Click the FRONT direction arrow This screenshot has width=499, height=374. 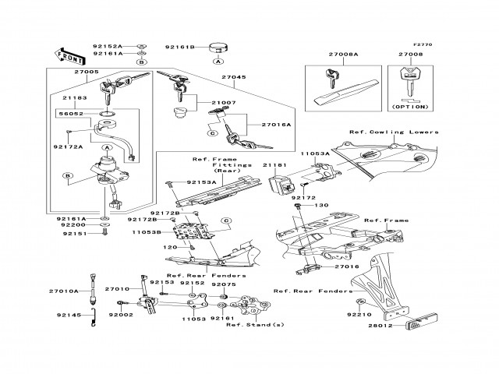(x=69, y=56)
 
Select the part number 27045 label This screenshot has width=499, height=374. (x=234, y=77)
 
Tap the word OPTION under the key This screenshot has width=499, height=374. (x=410, y=107)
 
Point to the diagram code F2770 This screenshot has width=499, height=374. (x=423, y=45)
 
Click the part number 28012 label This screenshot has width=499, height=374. (x=380, y=326)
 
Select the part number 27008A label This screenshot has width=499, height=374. (x=343, y=54)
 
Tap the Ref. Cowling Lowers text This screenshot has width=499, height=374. (x=394, y=132)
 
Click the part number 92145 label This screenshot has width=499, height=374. (x=69, y=315)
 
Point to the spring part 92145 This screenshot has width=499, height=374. (x=93, y=317)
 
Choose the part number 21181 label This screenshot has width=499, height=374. (x=274, y=165)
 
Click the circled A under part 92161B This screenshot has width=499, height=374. (x=218, y=61)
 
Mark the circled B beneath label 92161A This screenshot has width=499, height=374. (x=142, y=62)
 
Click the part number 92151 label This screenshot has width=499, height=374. (x=75, y=234)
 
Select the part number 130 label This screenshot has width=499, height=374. (x=321, y=205)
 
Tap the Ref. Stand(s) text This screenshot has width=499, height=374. (x=255, y=325)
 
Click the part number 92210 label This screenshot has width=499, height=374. (x=359, y=315)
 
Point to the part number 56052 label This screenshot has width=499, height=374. (x=71, y=114)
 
